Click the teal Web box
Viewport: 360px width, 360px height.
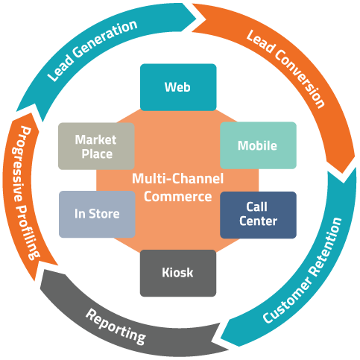click(178, 87)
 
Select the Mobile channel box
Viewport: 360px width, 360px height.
click(258, 145)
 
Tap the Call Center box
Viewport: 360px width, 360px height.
click(258, 215)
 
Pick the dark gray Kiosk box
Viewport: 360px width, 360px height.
click(178, 273)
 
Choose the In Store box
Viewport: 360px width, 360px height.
click(97, 214)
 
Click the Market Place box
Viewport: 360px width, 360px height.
click(96, 146)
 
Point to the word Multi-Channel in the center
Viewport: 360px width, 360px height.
click(177, 179)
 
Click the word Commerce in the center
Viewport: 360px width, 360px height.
click(177, 197)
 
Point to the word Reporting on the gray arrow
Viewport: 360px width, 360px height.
click(116, 326)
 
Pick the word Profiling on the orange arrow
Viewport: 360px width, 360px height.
click(28, 233)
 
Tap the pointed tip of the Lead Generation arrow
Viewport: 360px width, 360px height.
click(197, 19)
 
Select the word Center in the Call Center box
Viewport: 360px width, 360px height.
click(258, 221)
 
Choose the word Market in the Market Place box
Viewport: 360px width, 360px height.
click(95, 139)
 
